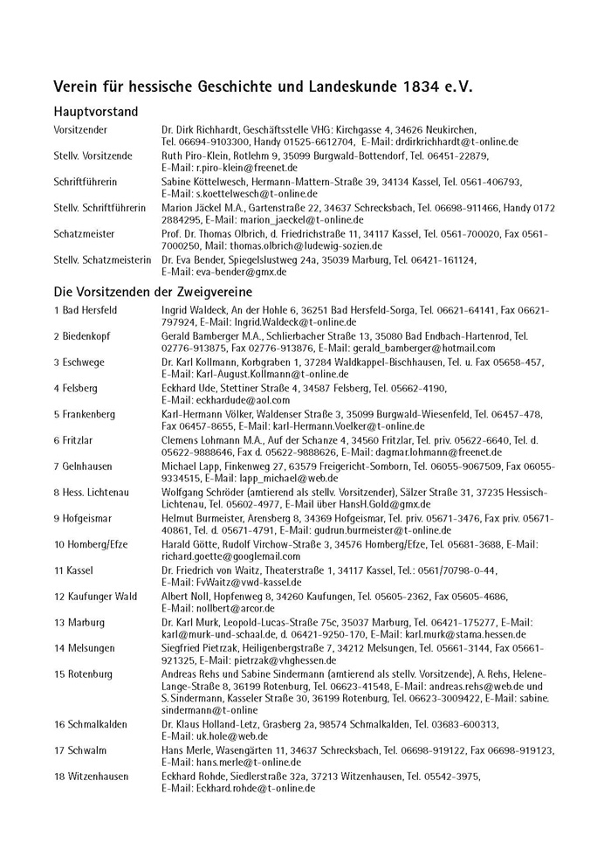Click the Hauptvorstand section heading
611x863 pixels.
pyautogui.click(x=96, y=112)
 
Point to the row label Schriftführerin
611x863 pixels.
pyautogui.click(x=86, y=182)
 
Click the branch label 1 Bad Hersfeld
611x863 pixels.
pyautogui.click(x=86, y=310)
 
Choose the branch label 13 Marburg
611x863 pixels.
pyautogui.click(x=79, y=623)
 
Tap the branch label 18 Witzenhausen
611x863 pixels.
pyautogui.click(x=91, y=777)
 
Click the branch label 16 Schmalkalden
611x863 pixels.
pyautogui.click(x=91, y=724)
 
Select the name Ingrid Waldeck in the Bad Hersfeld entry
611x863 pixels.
pyautogui.click(x=195, y=310)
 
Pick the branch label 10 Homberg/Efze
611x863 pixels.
pyautogui.click(x=91, y=544)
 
